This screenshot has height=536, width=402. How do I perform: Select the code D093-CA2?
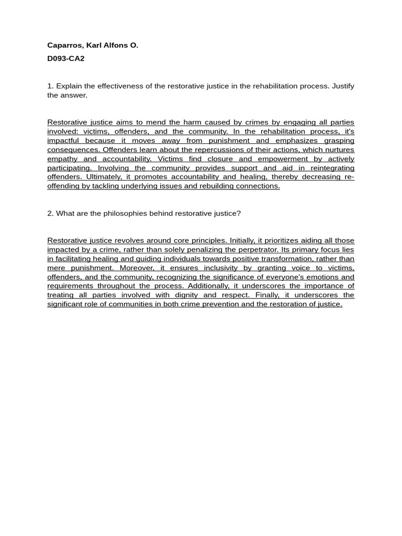point(66,59)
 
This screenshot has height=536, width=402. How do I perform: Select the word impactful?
point(63,141)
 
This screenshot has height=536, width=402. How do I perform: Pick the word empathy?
point(62,159)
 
